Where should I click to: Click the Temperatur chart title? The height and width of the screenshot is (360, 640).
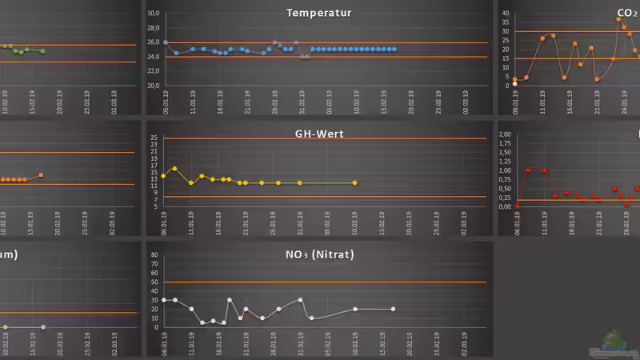click(318, 13)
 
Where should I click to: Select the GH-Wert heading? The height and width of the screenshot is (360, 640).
click(319, 134)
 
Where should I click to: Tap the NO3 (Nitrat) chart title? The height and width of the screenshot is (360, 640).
click(319, 255)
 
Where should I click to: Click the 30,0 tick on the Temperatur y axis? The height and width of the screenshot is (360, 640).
click(154, 14)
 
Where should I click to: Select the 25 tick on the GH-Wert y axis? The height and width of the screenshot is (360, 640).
click(154, 138)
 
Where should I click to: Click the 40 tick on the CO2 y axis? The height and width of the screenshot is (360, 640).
click(505, 14)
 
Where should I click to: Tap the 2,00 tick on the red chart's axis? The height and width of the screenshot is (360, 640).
click(505, 134)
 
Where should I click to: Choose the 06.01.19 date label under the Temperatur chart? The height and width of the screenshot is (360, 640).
click(165, 102)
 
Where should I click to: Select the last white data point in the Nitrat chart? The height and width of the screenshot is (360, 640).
click(393, 309)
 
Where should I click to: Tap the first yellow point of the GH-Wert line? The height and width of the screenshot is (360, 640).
click(164, 175)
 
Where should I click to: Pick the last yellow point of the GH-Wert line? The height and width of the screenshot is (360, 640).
click(354, 183)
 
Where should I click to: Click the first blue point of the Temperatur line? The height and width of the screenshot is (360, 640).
click(165, 42)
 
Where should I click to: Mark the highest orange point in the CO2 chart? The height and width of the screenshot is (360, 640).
click(618, 19)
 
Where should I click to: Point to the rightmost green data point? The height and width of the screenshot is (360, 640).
click(42, 51)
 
